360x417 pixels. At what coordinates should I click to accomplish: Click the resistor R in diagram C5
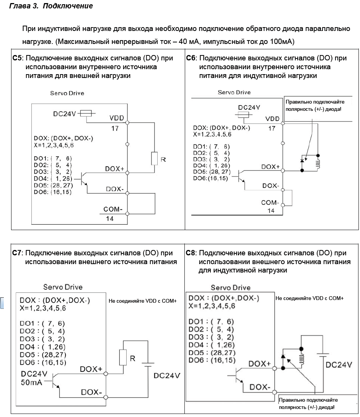[x=155, y=158]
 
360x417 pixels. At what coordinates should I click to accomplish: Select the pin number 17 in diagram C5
[x=115, y=129]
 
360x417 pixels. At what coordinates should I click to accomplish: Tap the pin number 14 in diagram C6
[x=271, y=211]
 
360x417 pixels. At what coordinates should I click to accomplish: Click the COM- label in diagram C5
[x=113, y=210]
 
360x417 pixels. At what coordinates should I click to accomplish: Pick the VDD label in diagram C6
[x=272, y=119]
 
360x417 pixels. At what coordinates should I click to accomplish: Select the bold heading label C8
[x=191, y=253]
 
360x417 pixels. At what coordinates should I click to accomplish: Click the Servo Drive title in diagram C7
[x=63, y=287]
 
